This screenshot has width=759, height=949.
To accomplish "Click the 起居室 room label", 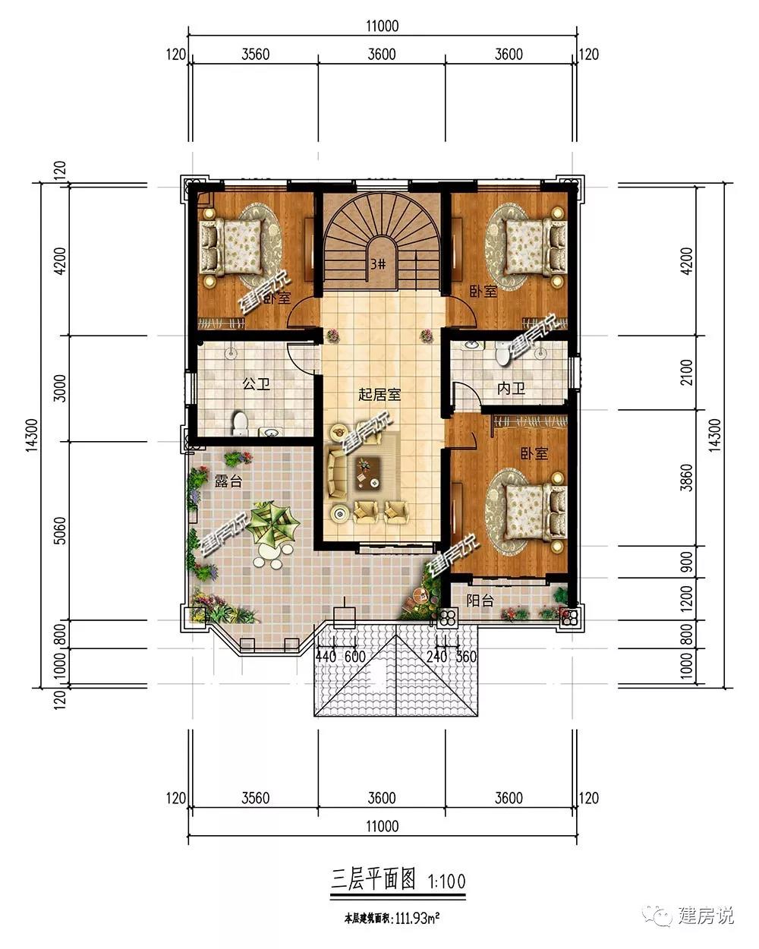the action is click(379, 394).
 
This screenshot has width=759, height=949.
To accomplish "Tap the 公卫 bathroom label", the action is click(257, 383).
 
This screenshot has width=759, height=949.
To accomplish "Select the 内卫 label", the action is click(511, 389).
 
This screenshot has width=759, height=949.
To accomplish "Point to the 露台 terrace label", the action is click(228, 481).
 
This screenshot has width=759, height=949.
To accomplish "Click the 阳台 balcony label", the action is click(480, 601).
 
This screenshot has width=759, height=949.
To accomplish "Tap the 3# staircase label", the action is click(378, 264).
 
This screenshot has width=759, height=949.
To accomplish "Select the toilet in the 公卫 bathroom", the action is click(240, 424).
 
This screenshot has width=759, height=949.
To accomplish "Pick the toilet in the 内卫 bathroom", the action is click(502, 354).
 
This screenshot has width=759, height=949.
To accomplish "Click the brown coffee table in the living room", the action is click(367, 473).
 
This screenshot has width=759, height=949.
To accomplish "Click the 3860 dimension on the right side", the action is click(687, 478).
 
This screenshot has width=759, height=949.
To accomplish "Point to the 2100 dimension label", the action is click(687, 373).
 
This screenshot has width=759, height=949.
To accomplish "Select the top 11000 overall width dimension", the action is click(383, 26).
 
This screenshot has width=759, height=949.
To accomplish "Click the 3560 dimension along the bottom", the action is click(256, 798).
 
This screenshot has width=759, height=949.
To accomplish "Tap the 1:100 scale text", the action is click(447, 881).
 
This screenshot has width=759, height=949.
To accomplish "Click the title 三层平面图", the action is click(373, 880).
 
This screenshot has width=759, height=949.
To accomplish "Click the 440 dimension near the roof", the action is click(326, 657).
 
